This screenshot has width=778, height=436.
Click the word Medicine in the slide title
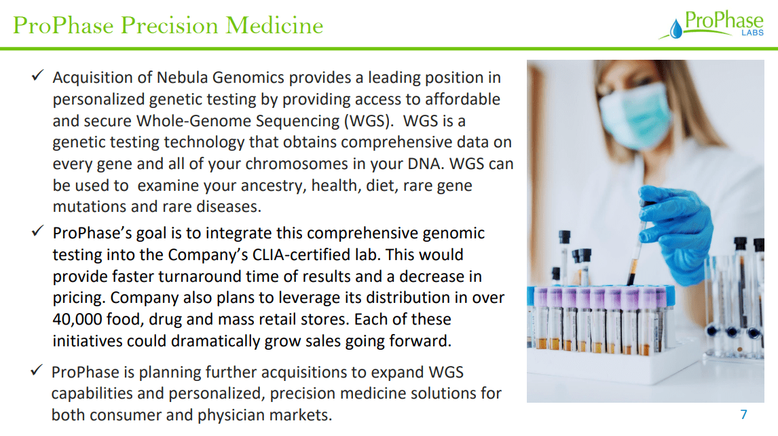coord(274,25)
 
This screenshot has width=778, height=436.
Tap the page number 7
coord(743,414)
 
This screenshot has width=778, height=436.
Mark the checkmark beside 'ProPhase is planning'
coord(38,371)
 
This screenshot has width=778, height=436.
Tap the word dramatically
coord(221,340)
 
